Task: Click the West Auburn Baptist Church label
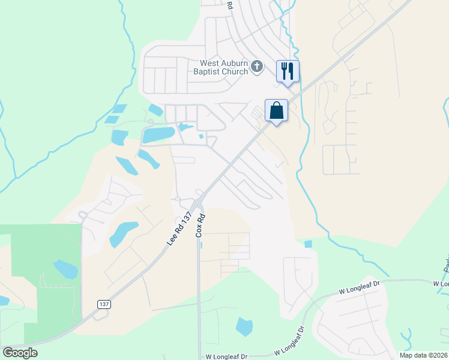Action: click(225, 67)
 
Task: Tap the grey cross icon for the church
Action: click(257, 66)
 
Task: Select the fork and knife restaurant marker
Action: click(288, 71)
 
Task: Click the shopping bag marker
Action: click(276, 111)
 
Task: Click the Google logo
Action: click(20, 353)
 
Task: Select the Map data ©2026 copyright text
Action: click(424, 355)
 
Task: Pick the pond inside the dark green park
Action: click(65, 269)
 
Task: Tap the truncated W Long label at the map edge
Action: click(441, 283)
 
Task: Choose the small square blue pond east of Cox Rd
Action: click(308, 244)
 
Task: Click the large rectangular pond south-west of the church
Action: click(158, 135)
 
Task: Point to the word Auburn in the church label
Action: click(232, 63)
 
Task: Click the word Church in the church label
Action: click(234, 72)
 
